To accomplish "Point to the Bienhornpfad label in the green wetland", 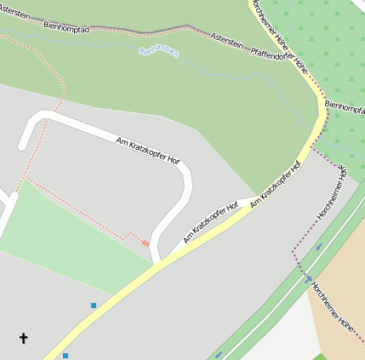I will click(x=345, y=110).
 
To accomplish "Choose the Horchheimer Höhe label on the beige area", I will click(x=333, y=306).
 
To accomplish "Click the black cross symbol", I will click(x=23, y=339).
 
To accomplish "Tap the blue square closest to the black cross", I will click(x=65, y=356).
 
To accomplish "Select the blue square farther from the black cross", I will click(x=94, y=305).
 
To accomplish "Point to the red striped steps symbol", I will click(x=145, y=243).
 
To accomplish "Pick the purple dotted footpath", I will click(x=294, y=255).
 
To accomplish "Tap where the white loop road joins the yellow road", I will click(x=157, y=263).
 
